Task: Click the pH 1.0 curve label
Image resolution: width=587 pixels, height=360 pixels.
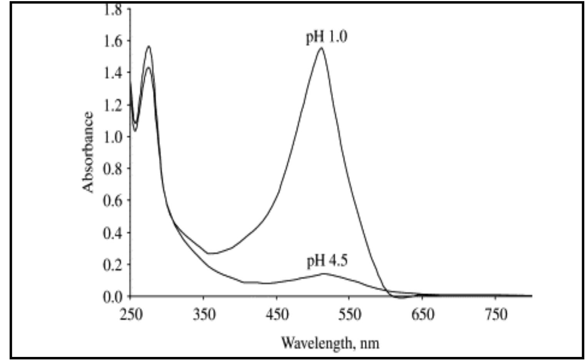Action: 327,38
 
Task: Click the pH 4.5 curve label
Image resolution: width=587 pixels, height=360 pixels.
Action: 327,261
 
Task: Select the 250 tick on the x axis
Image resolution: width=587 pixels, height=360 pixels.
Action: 130,315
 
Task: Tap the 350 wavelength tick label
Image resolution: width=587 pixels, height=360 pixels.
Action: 203,315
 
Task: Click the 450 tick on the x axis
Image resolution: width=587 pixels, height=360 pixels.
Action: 277,315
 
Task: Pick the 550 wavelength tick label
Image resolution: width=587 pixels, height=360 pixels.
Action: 350,315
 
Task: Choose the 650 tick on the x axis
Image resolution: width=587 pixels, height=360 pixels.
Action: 423,315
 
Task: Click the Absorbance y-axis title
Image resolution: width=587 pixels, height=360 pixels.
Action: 88,152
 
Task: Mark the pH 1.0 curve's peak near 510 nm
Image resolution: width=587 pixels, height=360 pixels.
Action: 321,48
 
